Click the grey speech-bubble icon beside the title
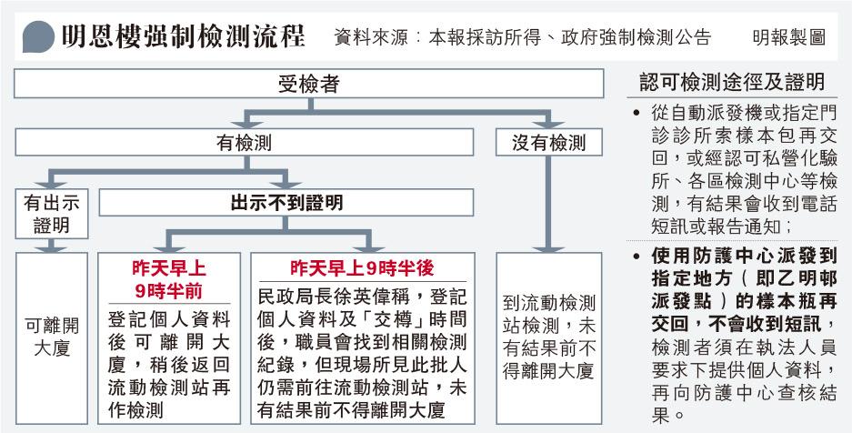click(x=38, y=37)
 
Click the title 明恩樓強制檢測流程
click(x=183, y=37)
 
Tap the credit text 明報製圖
click(x=789, y=37)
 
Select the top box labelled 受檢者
click(x=308, y=84)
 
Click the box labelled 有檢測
click(x=244, y=142)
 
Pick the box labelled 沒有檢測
click(x=549, y=142)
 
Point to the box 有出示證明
click(x=52, y=214)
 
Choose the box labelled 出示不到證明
click(x=286, y=203)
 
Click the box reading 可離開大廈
click(x=52, y=337)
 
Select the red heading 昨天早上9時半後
click(x=362, y=267)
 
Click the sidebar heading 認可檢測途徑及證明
click(x=733, y=82)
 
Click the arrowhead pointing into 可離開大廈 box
click(x=52, y=247)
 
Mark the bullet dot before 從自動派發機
click(x=636, y=114)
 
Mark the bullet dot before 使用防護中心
click(x=636, y=256)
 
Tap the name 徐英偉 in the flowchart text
click(x=376, y=297)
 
